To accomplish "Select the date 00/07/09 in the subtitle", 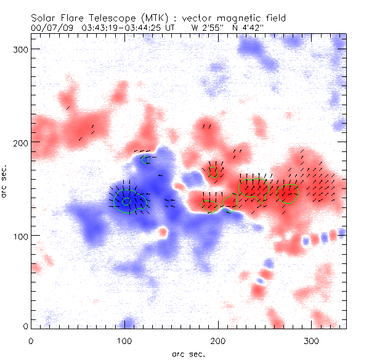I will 51,28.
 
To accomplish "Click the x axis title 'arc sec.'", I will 188,353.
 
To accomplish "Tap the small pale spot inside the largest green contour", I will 126,201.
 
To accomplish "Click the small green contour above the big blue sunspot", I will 146,159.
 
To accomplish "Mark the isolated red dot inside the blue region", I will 163,232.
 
